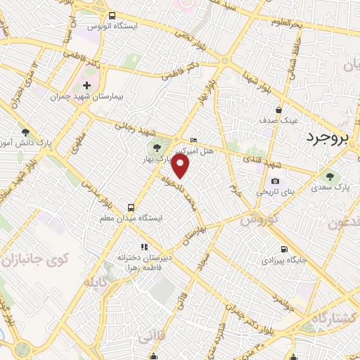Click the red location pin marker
click(181, 167)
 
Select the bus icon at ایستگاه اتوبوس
click(112, 15)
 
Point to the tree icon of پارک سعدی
click(330, 176)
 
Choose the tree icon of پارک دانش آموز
click(25, 132)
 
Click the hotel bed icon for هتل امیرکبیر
click(194, 140)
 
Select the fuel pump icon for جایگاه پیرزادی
click(284, 249)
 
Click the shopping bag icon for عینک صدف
click(279, 110)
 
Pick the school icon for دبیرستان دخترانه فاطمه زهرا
click(144, 247)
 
